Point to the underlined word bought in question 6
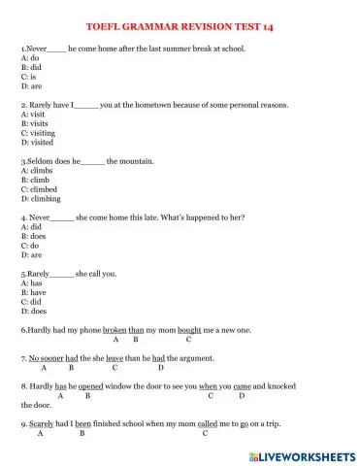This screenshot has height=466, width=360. click(x=189, y=330)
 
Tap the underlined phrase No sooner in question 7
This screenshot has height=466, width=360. click(x=46, y=358)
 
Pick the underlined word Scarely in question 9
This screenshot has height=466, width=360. click(x=40, y=424)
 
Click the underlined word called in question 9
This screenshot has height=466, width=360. click(x=210, y=424)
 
